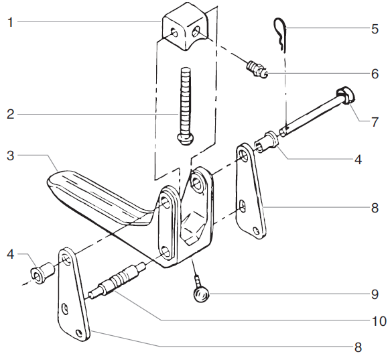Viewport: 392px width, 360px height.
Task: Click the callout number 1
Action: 10,21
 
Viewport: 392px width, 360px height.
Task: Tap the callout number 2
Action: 10,115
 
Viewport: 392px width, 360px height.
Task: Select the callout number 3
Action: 10,155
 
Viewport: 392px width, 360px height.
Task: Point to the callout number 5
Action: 375,29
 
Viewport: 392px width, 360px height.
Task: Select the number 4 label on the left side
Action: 10,254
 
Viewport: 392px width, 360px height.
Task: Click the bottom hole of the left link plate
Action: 80,333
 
